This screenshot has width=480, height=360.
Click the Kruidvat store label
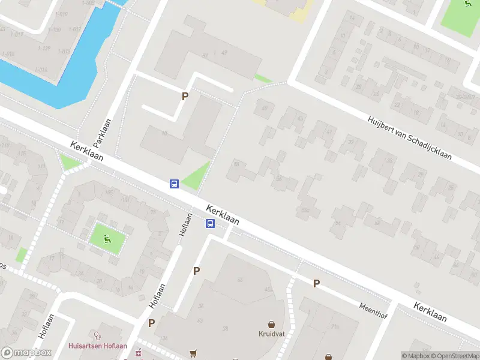point(271,334)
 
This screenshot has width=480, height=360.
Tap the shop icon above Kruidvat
point(271,323)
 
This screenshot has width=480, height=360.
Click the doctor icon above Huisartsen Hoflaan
point(96,334)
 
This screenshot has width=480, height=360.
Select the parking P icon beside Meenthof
point(316,283)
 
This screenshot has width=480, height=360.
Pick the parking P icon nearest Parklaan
point(185,96)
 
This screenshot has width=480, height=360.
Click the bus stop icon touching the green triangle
point(174,184)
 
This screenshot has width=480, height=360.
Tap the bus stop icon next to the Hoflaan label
point(211,224)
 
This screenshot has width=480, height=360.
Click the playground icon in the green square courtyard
point(107,238)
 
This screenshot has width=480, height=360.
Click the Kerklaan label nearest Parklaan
point(86,151)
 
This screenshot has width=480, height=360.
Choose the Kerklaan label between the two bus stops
point(222,214)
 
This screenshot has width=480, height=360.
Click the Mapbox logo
point(26,353)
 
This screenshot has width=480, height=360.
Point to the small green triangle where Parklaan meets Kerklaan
point(70,161)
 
